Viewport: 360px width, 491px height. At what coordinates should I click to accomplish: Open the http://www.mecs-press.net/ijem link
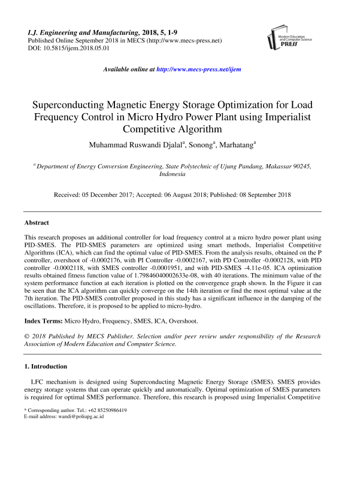coord(198,69)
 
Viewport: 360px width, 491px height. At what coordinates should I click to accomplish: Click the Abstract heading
coord(37,222)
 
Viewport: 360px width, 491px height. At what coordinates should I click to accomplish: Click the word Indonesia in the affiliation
coord(173,174)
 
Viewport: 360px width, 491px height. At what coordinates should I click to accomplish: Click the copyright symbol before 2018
coord(27,337)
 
